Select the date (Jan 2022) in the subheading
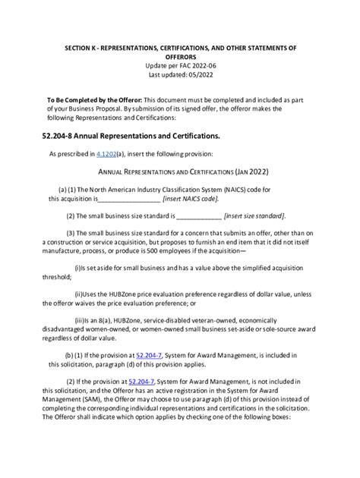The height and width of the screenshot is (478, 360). point(251,172)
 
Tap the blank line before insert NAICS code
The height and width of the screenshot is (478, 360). point(129,199)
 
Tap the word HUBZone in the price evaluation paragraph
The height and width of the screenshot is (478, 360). point(133,294)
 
